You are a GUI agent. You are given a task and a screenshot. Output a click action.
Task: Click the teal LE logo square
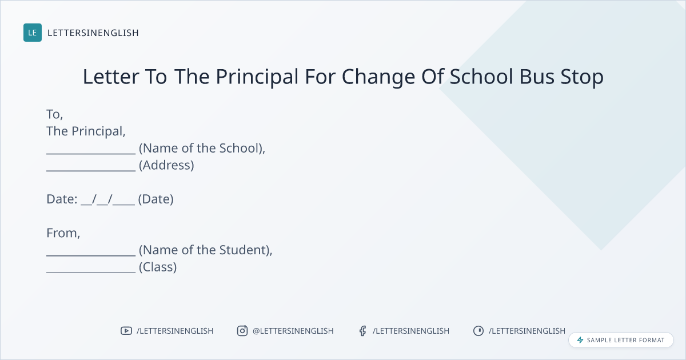coord(33,33)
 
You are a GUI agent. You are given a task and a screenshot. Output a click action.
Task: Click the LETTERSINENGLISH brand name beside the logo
coord(93,33)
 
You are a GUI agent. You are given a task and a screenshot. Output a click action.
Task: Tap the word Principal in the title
coord(257,77)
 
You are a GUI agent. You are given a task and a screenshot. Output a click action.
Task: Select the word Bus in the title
coord(537,77)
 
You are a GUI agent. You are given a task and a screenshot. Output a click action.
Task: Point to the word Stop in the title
coord(582,77)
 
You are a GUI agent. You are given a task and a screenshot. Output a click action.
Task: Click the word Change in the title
coord(378,77)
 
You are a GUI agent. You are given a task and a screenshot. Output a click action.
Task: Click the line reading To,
coord(54,114)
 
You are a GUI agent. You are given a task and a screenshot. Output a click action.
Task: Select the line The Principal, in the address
coord(86,131)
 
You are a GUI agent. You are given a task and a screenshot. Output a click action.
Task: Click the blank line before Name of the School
coord(91,154)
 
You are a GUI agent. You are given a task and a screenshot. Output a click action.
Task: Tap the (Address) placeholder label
coord(166,165)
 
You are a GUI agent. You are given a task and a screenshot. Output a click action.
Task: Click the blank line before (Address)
coord(91,170)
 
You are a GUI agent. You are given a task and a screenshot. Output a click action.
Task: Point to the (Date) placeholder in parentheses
coord(155,199)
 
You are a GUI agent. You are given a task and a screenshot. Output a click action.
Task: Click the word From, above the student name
coord(63,233)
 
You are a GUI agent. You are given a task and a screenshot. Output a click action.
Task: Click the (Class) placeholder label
coord(158,267)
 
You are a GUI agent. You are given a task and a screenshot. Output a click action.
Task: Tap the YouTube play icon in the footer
coord(126,331)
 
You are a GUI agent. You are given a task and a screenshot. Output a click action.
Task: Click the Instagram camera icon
coord(242,331)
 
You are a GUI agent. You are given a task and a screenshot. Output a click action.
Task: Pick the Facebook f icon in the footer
coord(363,331)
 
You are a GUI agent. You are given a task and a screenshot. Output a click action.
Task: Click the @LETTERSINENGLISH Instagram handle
coord(293,331)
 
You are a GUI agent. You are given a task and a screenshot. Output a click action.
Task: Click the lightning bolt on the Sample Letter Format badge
coord(580,340)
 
